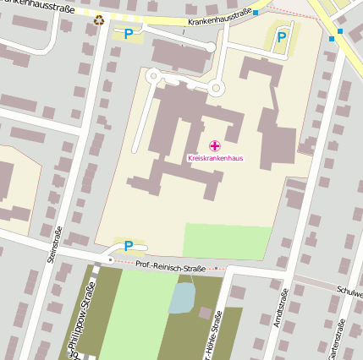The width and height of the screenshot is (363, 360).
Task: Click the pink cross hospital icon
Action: point(214,145)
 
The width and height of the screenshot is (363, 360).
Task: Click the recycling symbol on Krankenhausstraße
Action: point(100,20)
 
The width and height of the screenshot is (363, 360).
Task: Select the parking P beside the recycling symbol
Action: point(128,34)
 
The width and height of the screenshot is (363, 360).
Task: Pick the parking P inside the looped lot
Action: point(282,36)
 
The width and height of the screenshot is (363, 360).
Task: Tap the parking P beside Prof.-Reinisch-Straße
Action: point(129,246)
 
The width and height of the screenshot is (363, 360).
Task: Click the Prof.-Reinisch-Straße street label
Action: point(170,268)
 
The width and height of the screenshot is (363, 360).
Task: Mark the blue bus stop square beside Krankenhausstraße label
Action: point(255,13)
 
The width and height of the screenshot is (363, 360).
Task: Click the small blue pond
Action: point(181,298)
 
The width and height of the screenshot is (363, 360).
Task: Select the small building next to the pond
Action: point(205,313)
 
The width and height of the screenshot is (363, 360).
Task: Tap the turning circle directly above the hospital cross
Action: point(216,87)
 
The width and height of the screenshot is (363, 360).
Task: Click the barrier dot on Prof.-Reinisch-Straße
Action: point(109,260)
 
